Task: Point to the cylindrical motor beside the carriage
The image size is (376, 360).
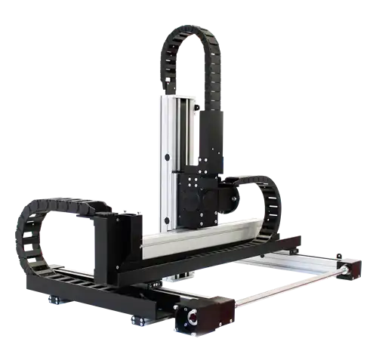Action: point(225,195)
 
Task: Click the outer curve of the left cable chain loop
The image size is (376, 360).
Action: point(18,234)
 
